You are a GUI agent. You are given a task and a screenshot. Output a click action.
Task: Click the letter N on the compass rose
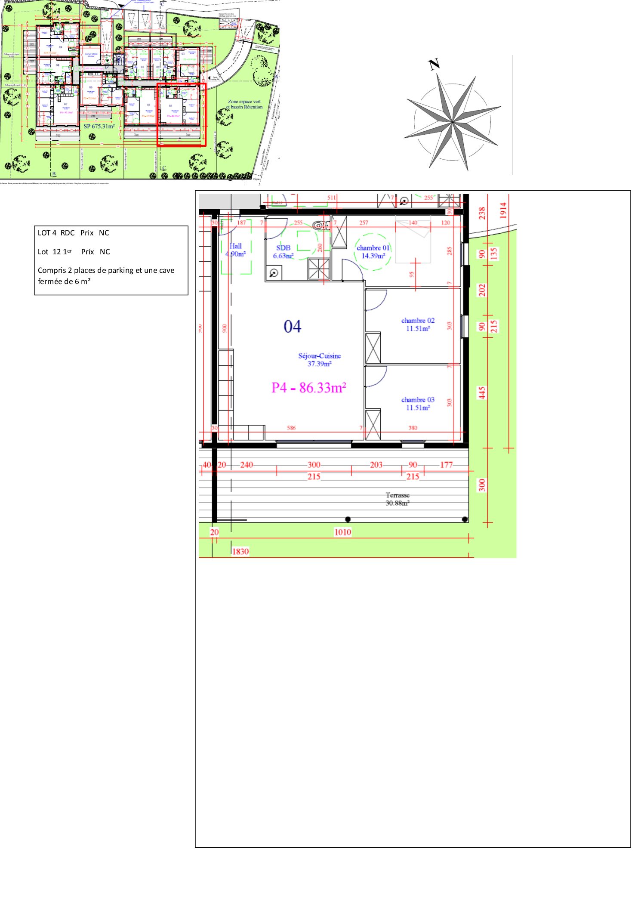pos(434,65)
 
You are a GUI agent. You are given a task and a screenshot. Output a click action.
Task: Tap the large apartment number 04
pos(293,327)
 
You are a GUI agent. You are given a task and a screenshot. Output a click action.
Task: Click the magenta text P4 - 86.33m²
pos(308,388)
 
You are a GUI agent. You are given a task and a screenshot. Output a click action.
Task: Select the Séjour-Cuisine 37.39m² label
pos(319,360)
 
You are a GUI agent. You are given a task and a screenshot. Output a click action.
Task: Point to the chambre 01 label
pos(373,252)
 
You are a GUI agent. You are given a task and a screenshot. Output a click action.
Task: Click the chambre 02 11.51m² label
pos(418,324)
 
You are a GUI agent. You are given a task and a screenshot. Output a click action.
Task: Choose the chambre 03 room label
pos(418,404)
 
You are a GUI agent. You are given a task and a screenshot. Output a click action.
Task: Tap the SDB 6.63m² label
pos(283,252)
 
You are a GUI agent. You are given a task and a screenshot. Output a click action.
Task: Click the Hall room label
pos(236,250)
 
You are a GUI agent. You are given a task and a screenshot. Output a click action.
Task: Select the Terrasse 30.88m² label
pos(397,499)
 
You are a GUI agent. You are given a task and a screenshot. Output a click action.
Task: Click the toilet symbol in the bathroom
pos(319,225)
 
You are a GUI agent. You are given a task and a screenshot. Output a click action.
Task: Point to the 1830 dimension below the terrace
pos(240,551)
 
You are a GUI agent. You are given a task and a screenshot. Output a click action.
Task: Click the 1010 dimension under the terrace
pos(342,532)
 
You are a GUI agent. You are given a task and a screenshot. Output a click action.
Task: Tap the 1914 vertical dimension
pos(503,210)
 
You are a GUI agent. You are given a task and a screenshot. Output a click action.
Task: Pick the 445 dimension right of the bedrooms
pos(482,392)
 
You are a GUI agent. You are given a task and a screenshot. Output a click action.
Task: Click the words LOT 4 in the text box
pos(47,233)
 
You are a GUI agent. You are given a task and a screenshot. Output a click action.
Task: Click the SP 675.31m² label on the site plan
pos(99,126)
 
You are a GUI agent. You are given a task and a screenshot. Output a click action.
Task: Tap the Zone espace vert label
pos(244,102)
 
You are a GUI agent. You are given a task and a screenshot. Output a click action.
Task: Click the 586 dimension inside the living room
pos(291,428)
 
